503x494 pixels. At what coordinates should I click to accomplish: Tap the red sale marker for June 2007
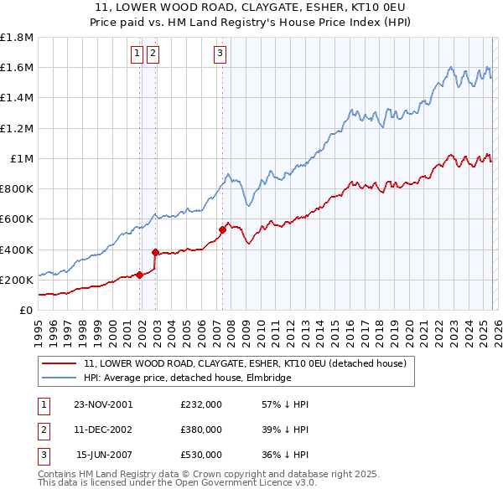[222, 229]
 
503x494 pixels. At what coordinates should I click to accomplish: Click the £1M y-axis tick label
[22, 159]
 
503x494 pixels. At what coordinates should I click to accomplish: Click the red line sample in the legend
[60, 363]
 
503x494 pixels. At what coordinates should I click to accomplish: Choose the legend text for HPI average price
[187, 378]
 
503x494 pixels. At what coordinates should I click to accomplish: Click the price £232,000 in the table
[201, 404]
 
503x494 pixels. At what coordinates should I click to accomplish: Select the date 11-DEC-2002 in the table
[103, 430]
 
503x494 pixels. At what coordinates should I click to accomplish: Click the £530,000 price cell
[201, 455]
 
